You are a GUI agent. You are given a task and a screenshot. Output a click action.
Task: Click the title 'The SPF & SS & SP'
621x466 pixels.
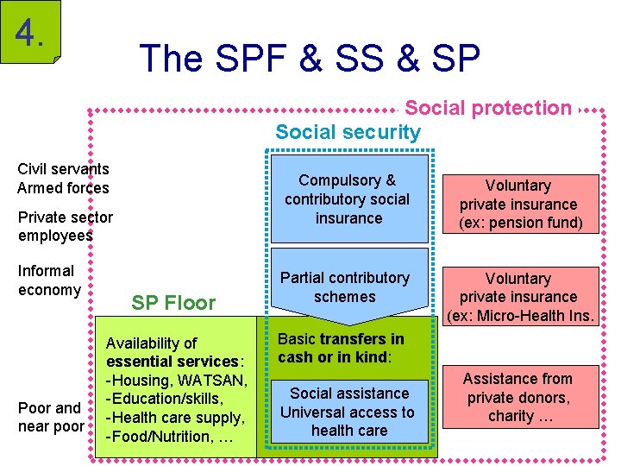[310, 58]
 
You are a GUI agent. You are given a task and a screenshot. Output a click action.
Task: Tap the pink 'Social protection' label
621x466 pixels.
[487, 108]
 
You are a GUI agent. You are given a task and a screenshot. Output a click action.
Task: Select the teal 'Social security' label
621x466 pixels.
[348, 132]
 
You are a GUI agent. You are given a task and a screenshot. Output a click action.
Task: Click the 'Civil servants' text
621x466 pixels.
[63, 169]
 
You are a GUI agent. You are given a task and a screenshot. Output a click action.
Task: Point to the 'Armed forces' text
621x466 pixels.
[63, 188]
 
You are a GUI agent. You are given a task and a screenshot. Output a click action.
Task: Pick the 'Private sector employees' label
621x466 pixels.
[65, 227]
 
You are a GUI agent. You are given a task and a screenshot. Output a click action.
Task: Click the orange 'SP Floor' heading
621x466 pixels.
[173, 303]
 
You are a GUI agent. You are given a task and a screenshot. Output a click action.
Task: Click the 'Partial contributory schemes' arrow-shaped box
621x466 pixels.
[345, 287]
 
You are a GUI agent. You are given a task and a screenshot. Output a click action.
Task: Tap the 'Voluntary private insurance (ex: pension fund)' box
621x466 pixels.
[517, 205]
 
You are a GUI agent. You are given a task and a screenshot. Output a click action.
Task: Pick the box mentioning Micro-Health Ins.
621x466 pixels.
[517, 297]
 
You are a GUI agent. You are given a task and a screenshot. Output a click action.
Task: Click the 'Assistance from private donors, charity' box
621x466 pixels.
[517, 397]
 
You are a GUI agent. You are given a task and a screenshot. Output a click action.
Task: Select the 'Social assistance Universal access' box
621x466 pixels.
[348, 412]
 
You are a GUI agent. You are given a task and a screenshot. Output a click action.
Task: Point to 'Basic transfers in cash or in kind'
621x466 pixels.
[341, 348]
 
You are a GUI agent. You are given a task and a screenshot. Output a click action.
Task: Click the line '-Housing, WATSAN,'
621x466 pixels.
[176, 381]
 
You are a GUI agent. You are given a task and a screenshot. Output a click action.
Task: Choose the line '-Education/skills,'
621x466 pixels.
[164, 400]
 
